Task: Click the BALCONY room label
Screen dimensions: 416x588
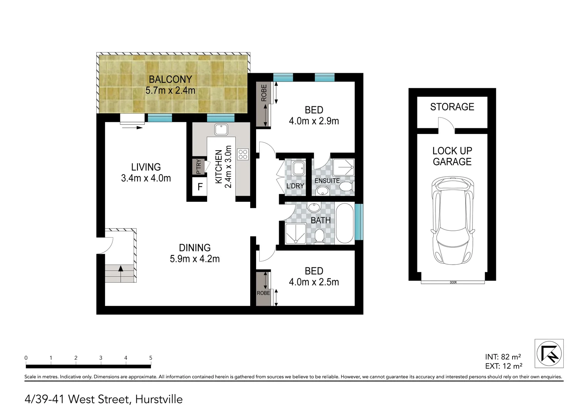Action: [x=170, y=79]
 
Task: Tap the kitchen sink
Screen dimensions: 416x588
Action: [x=221, y=129]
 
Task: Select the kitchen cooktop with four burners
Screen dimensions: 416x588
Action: [x=243, y=154]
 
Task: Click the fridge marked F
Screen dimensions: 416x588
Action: [x=200, y=187]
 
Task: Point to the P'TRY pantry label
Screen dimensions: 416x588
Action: [x=198, y=167]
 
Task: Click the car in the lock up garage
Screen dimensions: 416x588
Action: [x=452, y=220]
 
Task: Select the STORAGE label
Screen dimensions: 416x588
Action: [x=452, y=107]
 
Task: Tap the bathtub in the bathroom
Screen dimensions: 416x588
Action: [x=345, y=223]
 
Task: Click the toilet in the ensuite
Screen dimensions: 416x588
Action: [x=346, y=187]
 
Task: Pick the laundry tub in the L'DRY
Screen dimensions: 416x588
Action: [x=298, y=168]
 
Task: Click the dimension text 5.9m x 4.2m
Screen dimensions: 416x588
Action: [x=194, y=259]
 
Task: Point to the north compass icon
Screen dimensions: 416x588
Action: [x=549, y=353]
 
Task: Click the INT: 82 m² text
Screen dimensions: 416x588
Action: [x=503, y=357]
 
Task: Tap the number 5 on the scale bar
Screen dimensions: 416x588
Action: [x=151, y=358]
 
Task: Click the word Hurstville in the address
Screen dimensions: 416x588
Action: [x=159, y=399]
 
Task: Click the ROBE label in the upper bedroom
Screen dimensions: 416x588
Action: [x=264, y=93]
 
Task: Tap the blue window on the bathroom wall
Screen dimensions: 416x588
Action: [x=359, y=221]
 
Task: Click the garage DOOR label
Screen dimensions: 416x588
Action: [x=453, y=282]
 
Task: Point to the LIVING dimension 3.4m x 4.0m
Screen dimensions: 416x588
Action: [x=146, y=178]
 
